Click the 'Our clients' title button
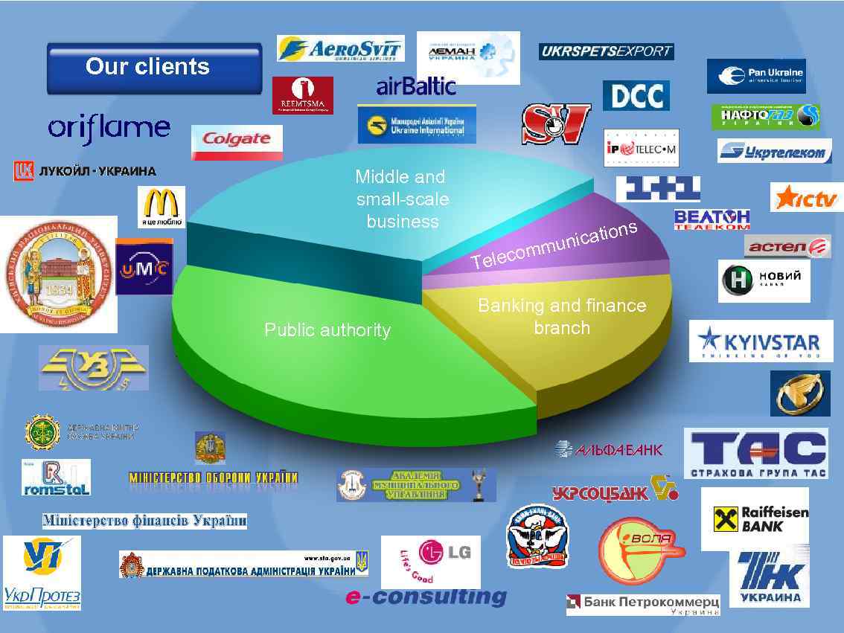pyautogui.click(x=154, y=68)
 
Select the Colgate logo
pyautogui.click(x=237, y=141)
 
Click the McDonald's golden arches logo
pyautogui.click(x=161, y=207)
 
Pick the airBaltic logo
pyautogui.click(x=416, y=86)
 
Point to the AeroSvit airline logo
pyautogui.click(x=340, y=48)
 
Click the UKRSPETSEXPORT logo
pyautogui.click(x=606, y=51)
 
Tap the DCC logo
pyautogui.click(x=636, y=96)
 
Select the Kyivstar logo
pyautogui.click(x=760, y=342)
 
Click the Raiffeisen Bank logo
pyautogui.click(x=754, y=518)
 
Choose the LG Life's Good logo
pyautogui.click(x=430, y=562)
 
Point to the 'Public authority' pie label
pyautogui.click(x=327, y=330)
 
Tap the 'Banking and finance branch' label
pyautogui.click(x=562, y=317)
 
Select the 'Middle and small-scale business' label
pyautogui.click(x=402, y=199)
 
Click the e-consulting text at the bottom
pyautogui.click(x=426, y=597)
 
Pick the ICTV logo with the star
pyautogui.click(x=807, y=198)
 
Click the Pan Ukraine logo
pyautogui.click(x=755, y=76)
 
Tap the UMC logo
pyautogui.click(x=144, y=267)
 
